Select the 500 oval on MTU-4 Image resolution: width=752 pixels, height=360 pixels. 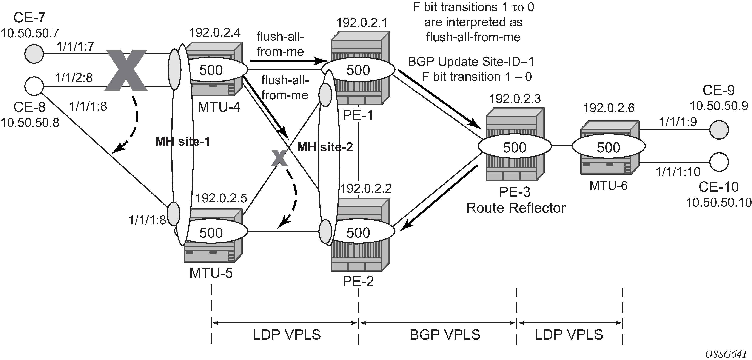(211, 70)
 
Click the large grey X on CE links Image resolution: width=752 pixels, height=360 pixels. (126, 70)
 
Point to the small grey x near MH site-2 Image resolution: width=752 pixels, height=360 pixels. (279, 158)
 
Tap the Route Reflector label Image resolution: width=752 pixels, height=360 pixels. (516, 208)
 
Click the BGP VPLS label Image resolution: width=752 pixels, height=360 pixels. (445, 335)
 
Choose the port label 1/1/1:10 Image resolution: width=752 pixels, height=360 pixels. (678, 172)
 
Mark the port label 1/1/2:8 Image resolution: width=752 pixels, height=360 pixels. (74, 78)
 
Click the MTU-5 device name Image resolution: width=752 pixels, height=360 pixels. (211, 273)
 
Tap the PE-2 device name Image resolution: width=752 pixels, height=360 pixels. (358, 282)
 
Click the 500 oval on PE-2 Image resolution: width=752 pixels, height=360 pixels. (358, 232)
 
